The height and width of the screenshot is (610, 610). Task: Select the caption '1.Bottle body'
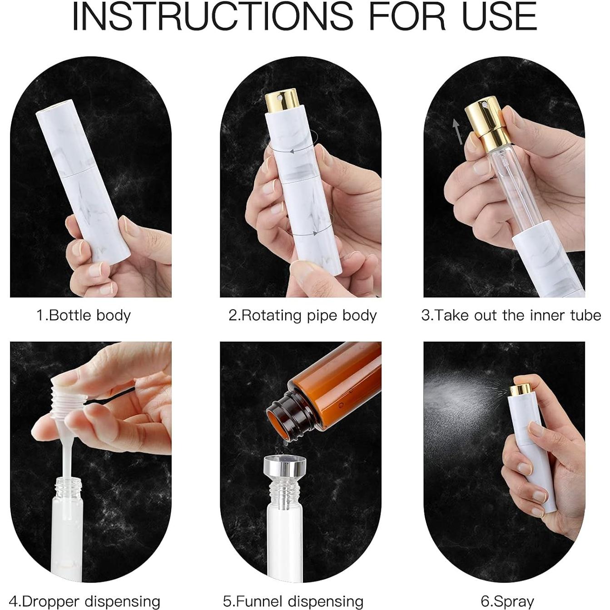tap(84, 315)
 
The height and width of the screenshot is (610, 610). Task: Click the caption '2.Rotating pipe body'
tap(303, 315)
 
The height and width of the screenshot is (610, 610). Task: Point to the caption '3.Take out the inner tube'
tap(511, 315)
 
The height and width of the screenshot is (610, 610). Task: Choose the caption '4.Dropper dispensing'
tap(84, 601)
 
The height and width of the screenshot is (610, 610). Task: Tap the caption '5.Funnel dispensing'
tap(293, 601)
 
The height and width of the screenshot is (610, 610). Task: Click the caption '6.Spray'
tap(507, 601)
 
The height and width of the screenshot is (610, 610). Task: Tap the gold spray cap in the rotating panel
tap(279, 103)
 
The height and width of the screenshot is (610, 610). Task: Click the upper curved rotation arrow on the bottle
tap(291, 152)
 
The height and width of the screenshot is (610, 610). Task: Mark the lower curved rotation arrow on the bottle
tap(302, 233)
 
